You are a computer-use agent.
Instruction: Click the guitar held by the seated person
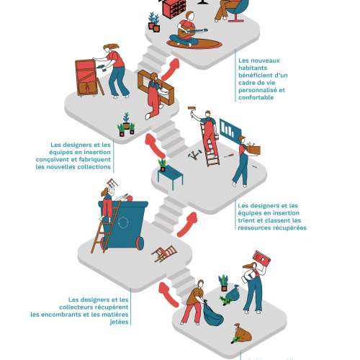192,32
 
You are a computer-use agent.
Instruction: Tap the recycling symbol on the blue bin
123,222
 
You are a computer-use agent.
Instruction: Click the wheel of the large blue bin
140,243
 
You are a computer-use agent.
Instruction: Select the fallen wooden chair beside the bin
164,253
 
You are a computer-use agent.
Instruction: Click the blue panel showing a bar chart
230,129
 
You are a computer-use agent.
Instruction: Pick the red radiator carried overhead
261,258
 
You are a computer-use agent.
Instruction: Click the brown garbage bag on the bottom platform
243,333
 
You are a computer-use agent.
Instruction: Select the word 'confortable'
256,97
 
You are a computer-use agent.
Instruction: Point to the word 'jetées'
119,322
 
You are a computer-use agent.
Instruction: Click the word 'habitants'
253,68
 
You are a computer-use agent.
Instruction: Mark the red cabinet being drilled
87,77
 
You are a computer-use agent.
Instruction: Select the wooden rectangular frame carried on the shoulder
156,87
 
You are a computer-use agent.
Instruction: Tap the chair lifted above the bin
112,184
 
